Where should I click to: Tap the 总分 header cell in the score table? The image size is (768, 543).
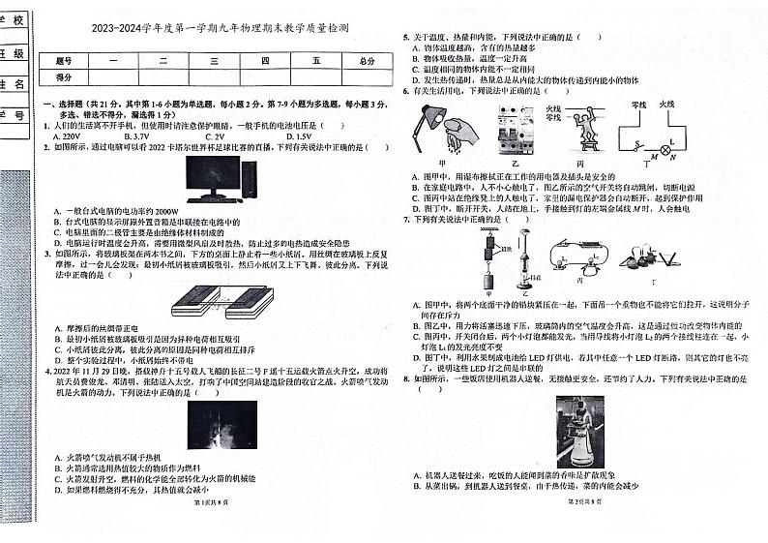[366, 60]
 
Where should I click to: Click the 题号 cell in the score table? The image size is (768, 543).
[64, 60]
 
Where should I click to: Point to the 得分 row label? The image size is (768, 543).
[64, 76]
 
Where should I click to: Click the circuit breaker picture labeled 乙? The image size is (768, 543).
[515, 130]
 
